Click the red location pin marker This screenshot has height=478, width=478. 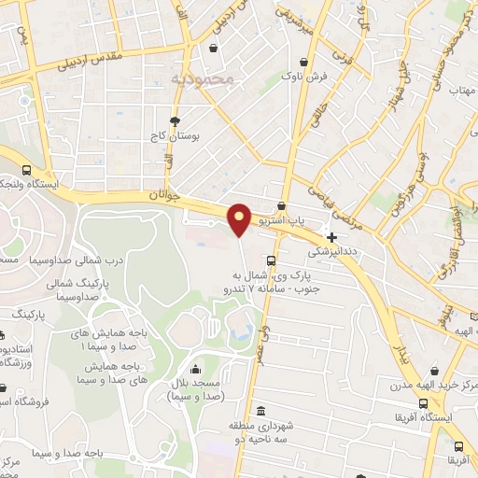[x=239, y=219]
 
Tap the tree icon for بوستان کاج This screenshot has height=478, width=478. [x=175, y=121]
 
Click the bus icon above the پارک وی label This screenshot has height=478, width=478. [x=271, y=260]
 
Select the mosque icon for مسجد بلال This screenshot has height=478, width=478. [x=195, y=367]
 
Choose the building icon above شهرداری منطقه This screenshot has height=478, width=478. [x=260, y=411]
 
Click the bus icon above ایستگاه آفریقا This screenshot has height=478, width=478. [x=425, y=404]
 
